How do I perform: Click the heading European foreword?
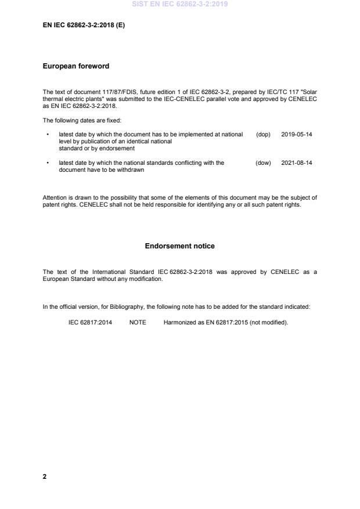tap(76, 66)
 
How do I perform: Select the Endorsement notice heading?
tap(179, 246)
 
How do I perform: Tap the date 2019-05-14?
tap(297, 134)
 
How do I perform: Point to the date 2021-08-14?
tap(297, 163)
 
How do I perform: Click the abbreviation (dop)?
tap(263, 134)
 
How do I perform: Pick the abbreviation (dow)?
tap(263, 163)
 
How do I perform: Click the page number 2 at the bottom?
tap(45, 476)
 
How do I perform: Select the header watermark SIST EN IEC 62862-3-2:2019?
tap(179, 4)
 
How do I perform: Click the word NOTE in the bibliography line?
tap(138, 323)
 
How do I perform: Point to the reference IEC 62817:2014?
tap(90, 323)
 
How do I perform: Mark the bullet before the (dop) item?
tap(47, 134)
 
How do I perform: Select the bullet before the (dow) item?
tap(47, 163)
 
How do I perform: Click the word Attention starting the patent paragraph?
tap(54, 198)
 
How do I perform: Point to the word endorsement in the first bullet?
tap(121, 149)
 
